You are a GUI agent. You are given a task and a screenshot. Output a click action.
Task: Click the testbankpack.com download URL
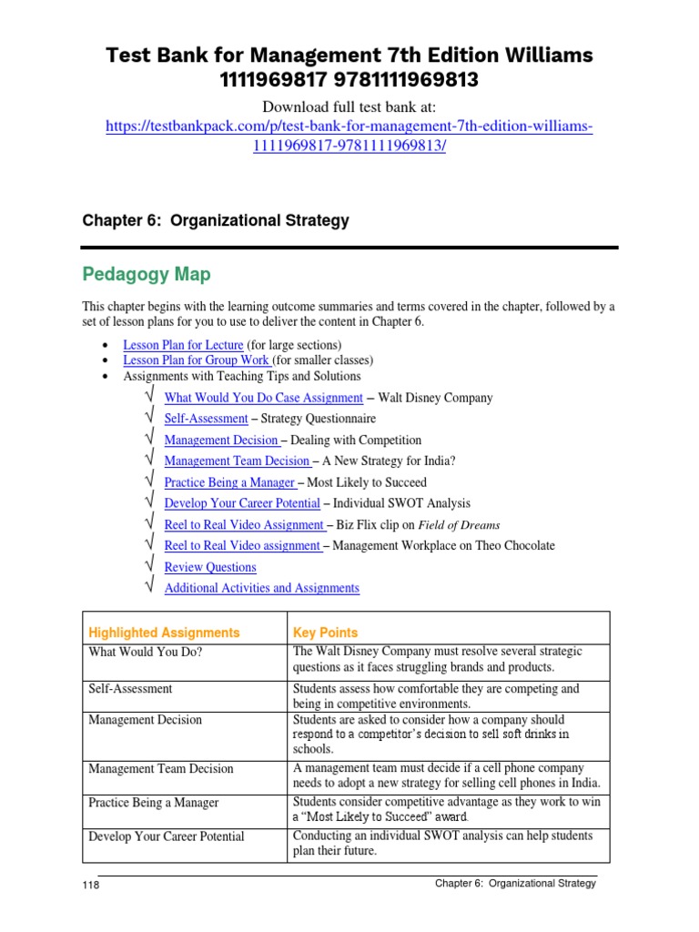click(x=349, y=127)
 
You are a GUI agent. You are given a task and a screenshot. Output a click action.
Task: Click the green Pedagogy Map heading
click(x=147, y=274)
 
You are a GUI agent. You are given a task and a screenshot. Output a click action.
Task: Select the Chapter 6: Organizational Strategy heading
click(x=216, y=221)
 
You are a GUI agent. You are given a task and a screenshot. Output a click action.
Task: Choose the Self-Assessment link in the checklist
click(x=206, y=419)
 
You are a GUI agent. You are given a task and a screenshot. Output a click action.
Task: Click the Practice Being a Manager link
click(x=230, y=482)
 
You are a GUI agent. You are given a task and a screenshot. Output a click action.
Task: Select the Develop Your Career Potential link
click(x=242, y=503)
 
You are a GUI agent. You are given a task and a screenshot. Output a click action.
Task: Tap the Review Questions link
click(x=210, y=567)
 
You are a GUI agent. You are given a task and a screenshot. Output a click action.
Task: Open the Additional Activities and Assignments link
click(x=261, y=588)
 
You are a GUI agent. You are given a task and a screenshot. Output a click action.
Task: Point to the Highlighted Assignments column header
click(x=164, y=633)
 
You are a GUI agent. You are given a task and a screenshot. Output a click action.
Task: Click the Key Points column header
click(x=325, y=633)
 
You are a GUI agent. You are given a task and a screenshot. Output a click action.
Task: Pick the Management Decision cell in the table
click(x=145, y=720)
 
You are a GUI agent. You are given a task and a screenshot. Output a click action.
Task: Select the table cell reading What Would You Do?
click(x=132, y=652)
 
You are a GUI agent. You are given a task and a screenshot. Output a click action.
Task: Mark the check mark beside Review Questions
click(x=149, y=566)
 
